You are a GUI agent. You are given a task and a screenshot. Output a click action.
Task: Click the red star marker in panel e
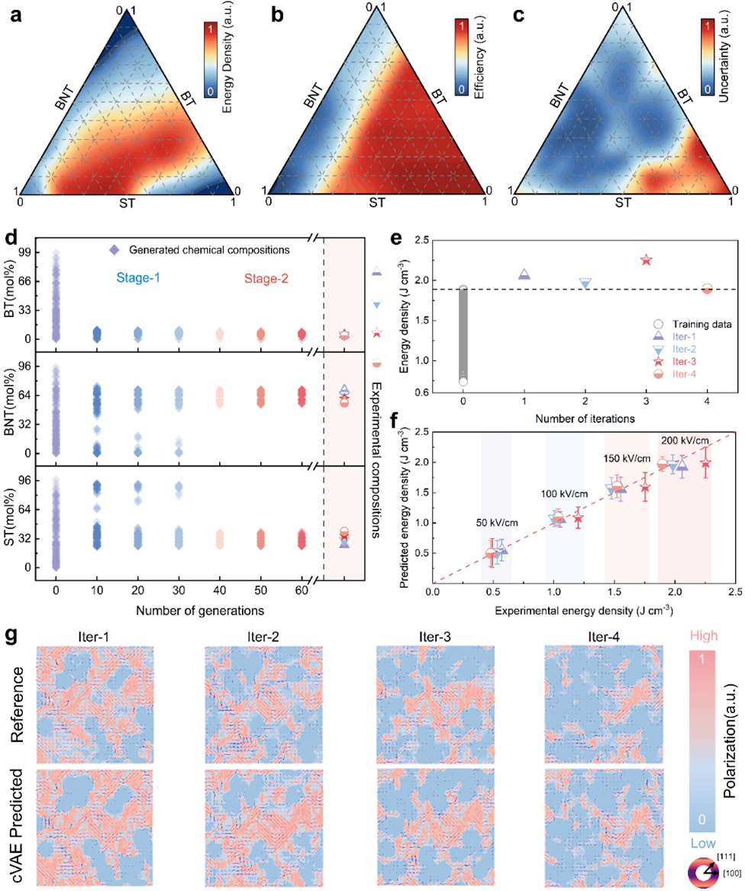647,260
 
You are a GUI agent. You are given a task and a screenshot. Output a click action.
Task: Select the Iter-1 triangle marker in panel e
524,275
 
